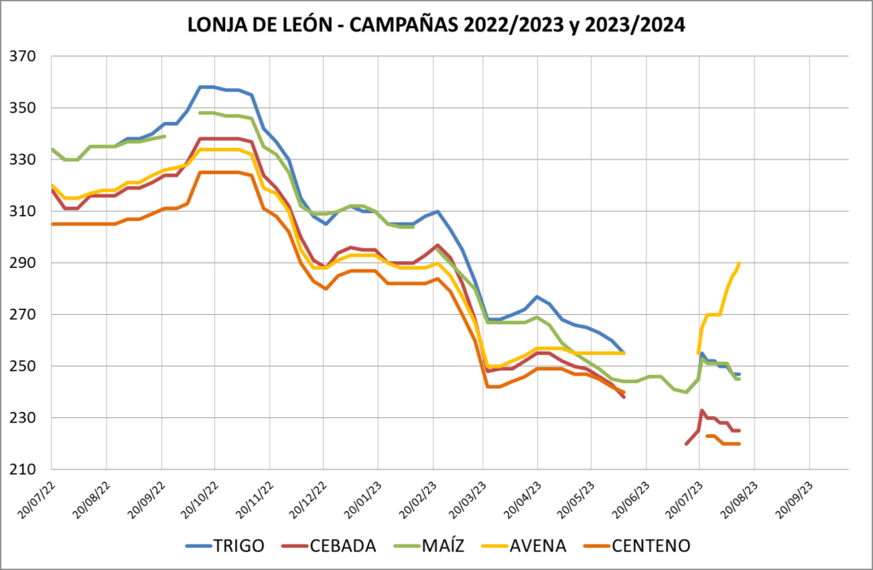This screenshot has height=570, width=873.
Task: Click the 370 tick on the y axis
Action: [x=31, y=57]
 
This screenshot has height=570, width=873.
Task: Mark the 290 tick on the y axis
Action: [x=31, y=264]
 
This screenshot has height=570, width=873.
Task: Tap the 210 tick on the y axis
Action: [x=31, y=470]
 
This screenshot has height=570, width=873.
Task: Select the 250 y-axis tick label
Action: [x=31, y=367]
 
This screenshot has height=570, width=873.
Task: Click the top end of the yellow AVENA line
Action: [x=739, y=263]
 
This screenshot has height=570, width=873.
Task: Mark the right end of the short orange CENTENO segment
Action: [x=739, y=444]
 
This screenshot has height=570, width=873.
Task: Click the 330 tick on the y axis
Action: [x=31, y=160]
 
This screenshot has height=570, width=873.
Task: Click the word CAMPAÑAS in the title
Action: [x=404, y=26]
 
